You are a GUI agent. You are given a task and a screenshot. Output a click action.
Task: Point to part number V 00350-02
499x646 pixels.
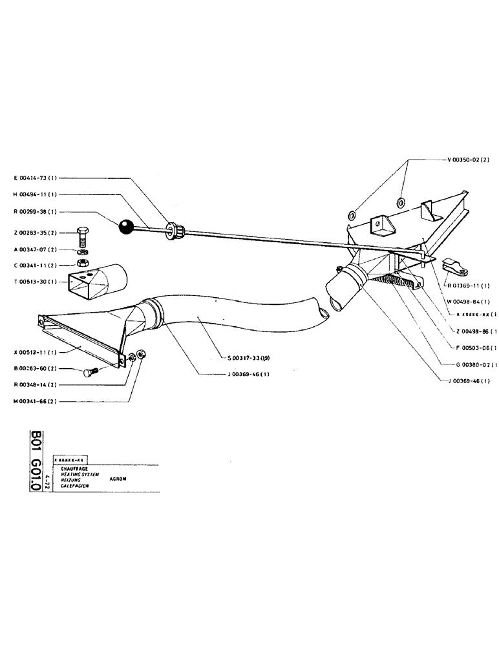coord(468,160)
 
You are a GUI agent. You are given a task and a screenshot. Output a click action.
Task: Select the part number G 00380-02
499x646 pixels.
coord(470,364)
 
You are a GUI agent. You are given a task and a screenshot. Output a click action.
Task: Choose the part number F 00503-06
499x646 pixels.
coord(471,348)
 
